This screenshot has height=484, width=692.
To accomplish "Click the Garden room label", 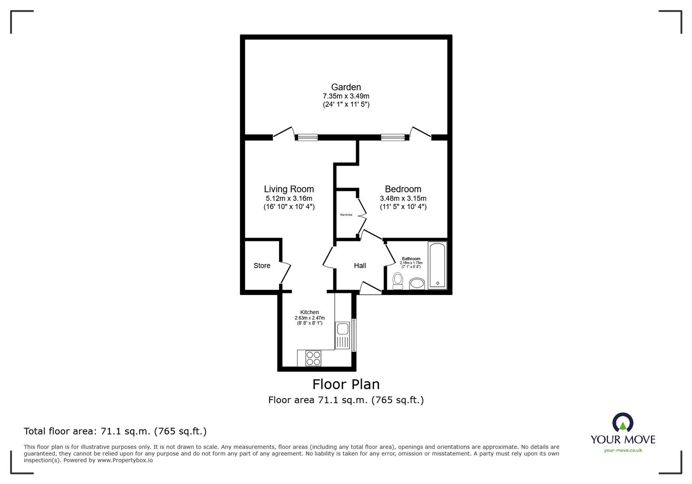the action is [346, 87].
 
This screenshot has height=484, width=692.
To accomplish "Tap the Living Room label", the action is [288, 189].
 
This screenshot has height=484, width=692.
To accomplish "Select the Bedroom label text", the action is [403, 189].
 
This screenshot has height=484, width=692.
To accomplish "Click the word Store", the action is [262, 266].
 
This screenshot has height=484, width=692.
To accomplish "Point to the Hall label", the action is [360, 266].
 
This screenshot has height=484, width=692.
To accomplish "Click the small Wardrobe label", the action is [346, 215].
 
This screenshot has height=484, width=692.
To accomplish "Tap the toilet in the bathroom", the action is [397, 281].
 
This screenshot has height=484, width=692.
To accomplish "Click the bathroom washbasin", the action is [417, 284].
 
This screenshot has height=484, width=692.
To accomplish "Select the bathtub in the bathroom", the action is [437, 265].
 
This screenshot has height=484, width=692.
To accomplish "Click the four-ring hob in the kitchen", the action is [313, 358].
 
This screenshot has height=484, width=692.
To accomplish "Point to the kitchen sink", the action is [342, 336].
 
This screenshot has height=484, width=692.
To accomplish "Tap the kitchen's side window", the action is [354, 335].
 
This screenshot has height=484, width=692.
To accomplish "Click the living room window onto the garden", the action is [308, 137].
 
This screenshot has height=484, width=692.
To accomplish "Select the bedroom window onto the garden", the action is [393, 137].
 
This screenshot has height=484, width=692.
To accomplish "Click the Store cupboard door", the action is [285, 273].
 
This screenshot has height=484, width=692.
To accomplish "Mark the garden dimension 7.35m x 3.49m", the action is [346, 96].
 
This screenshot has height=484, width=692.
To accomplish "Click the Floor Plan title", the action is [346, 385].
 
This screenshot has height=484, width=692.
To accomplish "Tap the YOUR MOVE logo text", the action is [623, 439].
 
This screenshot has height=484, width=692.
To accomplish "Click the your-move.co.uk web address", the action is [623, 450].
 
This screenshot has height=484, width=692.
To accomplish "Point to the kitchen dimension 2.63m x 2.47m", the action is [310, 318].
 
